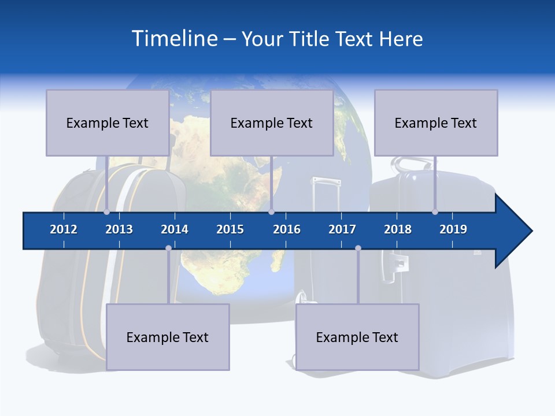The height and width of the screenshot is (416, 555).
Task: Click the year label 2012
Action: click(64, 229)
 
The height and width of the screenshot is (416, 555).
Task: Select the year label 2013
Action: click(119, 229)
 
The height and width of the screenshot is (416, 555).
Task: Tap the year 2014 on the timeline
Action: click(175, 229)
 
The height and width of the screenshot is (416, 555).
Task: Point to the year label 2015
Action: click(230, 229)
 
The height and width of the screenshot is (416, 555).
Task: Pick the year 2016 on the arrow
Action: click(287, 229)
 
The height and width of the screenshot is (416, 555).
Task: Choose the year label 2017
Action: click(342, 229)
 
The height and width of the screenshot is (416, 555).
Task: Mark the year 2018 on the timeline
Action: click(398, 229)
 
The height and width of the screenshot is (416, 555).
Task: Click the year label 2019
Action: click(453, 229)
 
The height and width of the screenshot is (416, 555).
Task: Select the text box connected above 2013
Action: click(108, 122)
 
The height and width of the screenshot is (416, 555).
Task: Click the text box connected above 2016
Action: click(272, 122)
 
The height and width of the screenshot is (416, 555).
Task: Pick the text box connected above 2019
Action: click(436, 122)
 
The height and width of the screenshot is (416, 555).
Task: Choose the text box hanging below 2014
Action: click(168, 337)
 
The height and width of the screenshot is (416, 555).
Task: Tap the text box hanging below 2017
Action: click(357, 337)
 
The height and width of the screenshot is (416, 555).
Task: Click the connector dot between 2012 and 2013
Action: click(106, 211)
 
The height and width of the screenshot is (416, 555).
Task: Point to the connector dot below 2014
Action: click(168, 248)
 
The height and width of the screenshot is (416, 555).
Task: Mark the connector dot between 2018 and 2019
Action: click(435, 211)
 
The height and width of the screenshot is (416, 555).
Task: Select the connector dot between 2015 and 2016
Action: click(271, 211)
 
